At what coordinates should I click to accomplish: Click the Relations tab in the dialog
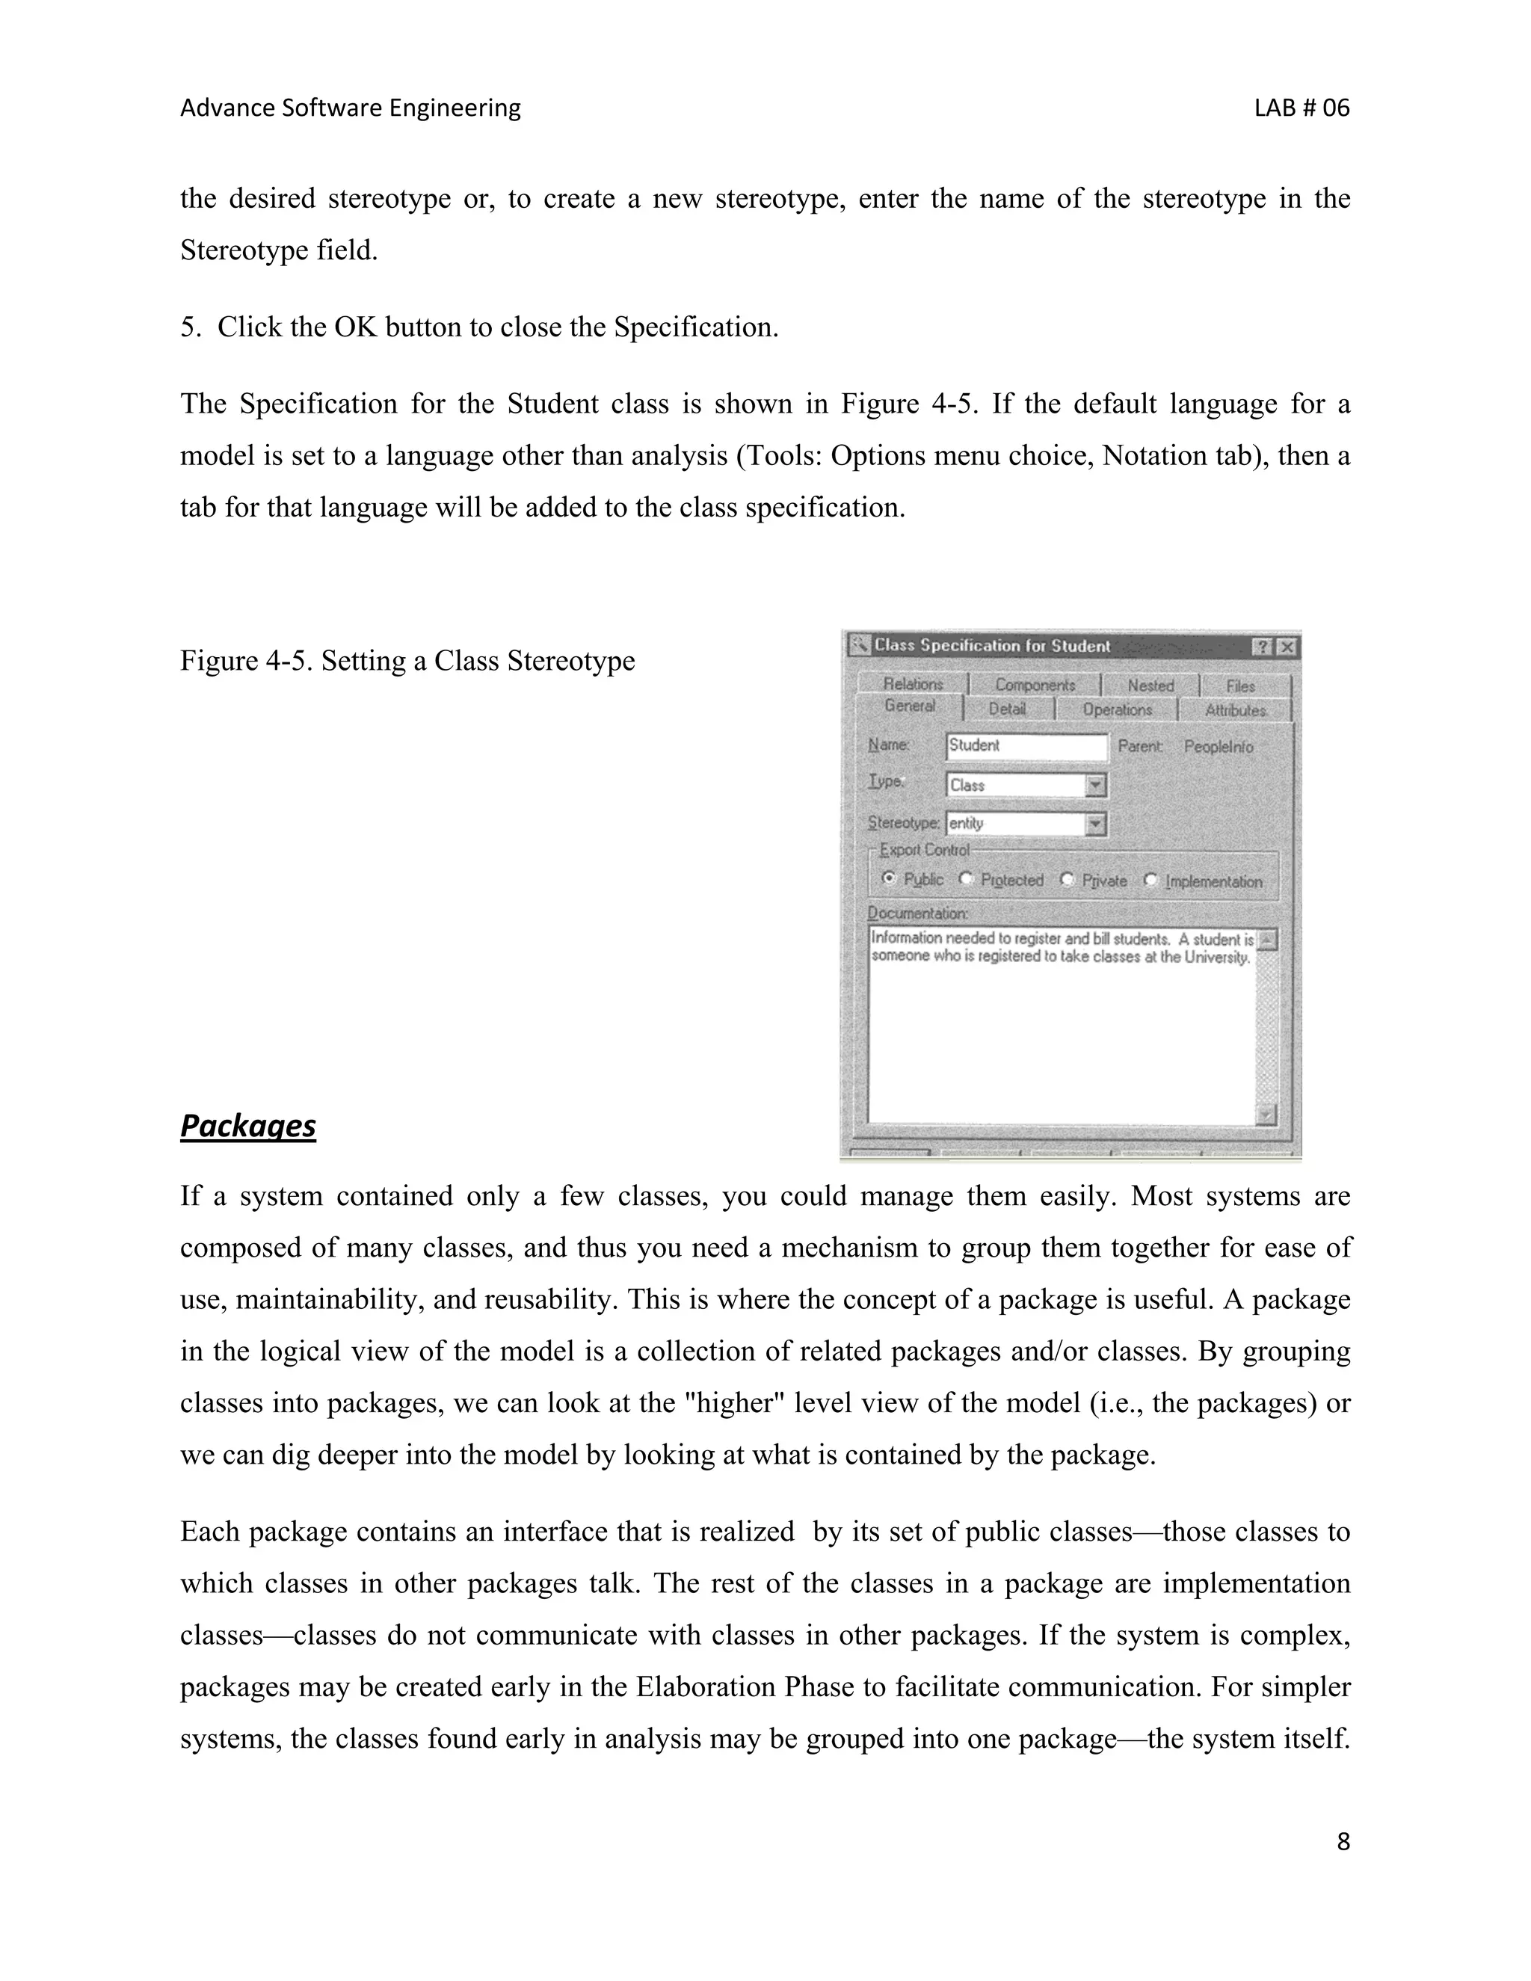(913, 684)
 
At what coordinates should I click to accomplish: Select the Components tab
(1035, 685)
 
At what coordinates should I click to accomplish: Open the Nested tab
(1150, 686)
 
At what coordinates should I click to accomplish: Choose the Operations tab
(1117, 709)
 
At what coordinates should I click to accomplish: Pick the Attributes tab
(1234, 710)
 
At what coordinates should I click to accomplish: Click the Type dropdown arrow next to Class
(1096, 785)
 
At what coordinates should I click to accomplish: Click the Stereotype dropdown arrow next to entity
(1096, 824)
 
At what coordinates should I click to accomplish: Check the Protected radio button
(966, 879)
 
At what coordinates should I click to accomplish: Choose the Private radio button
(1067, 880)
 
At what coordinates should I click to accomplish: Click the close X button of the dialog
(1286, 647)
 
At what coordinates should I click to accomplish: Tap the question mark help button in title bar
(1263, 647)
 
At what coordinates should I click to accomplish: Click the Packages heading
(247, 1126)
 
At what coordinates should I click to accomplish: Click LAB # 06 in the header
(1301, 108)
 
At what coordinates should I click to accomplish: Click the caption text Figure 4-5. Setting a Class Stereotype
(407, 660)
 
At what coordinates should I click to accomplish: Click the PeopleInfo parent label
(1218, 747)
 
